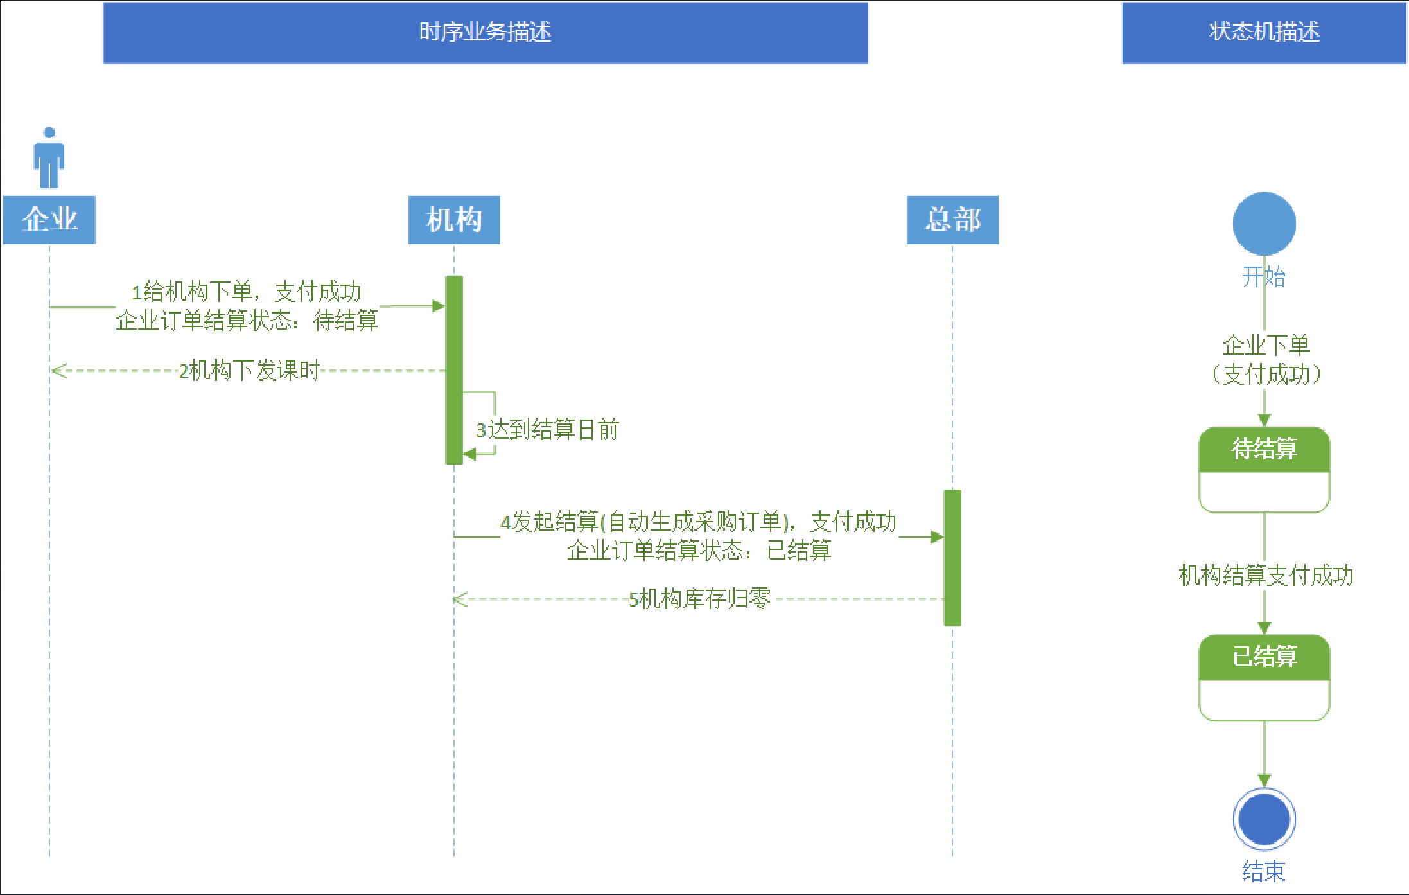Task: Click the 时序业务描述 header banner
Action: pos(485,32)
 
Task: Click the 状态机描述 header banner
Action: pos(1263,32)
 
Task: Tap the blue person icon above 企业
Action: pos(49,158)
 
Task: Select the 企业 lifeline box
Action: pos(49,220)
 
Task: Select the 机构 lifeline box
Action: pos(454,220)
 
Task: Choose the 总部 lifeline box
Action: pos(952,220)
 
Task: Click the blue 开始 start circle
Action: pos(1264,223)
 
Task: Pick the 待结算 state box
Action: pos(1264,469)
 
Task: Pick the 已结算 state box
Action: pos(1264,677)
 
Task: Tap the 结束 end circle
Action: pos(1264,819)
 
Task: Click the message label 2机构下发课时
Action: pos(249,371)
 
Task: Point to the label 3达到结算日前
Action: pos(547,429)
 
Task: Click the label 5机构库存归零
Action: pos(699,599)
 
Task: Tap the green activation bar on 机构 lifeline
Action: pos(454,369)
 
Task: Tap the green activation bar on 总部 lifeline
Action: pos(952,557)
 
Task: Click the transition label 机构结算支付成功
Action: pos(1266,575)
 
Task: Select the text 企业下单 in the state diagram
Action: pos(1266,345)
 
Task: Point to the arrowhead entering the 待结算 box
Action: pos(1264,420)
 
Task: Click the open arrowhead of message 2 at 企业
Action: pos(58,371)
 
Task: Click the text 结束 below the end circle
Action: pos(1264,871)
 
